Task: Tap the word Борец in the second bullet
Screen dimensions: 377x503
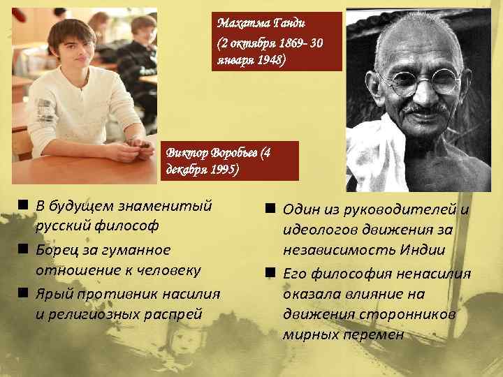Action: [x=57, y=249]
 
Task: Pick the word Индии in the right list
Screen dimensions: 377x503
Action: [x=427, y=251]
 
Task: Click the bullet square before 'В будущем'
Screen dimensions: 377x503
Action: [x=23, y=205]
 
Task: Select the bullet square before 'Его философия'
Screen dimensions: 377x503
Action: [x=270, y=272]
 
